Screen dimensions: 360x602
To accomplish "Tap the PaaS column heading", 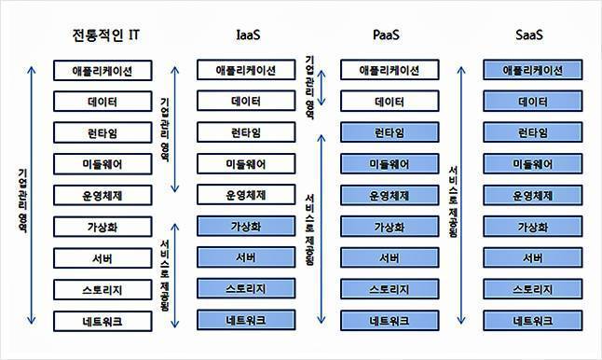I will (x=389, y=36).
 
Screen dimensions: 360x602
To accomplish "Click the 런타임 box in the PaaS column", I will (x=389, y=132).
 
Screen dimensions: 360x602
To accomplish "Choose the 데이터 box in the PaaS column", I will (x=389, y=101).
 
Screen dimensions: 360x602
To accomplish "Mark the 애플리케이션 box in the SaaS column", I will (x=532, y=70).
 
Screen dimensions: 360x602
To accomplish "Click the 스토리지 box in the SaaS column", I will (x=532, y=289).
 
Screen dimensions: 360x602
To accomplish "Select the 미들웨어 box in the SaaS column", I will (x=532, y=164).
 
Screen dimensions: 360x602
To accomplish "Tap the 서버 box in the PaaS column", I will (x=389, y=258).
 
